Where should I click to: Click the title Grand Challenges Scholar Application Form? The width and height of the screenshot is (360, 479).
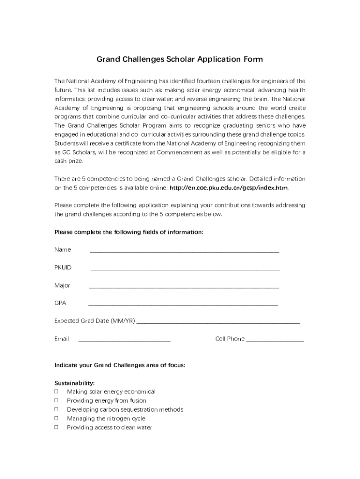tap(180, 59)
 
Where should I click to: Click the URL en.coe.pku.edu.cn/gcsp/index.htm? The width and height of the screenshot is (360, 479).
tap(229, 188)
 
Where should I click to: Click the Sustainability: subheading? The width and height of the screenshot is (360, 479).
tap(74, 383)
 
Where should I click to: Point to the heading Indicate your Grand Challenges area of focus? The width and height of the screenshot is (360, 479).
tap(120, 365)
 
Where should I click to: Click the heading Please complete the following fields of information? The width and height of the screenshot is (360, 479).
tap(129, 232)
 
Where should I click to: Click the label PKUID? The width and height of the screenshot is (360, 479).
tap(63, 268)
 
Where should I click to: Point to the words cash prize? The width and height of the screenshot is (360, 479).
tap(68, 161)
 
